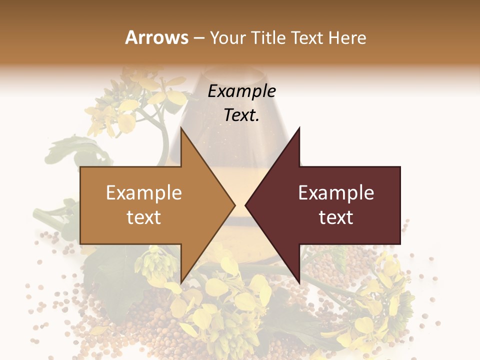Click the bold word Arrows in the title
coord(156,37)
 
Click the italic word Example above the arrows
coord(242,91)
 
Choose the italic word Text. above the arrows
coord(242,115)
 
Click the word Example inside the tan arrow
coord(144,192)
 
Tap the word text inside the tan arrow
coord(144,217)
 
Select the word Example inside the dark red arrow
coord(336,192)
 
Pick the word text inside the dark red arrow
coord(336,217)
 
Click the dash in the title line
coord(198,38)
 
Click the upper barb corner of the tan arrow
coord(181,128)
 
